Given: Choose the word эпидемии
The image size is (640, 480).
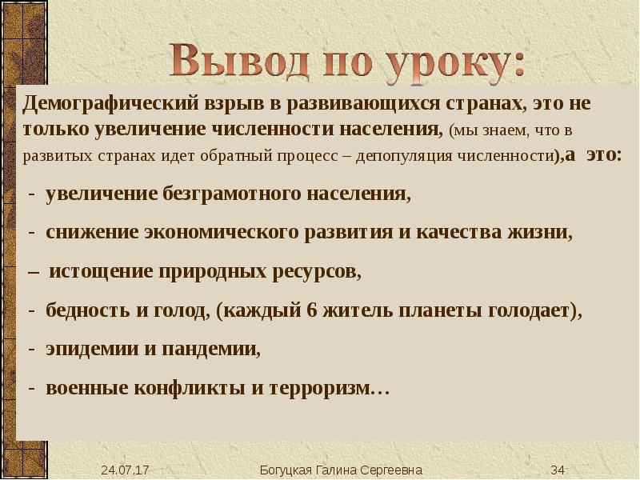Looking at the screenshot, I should [x=89, y=349].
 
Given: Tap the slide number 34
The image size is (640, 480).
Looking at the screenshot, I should [x=558, y=469].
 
